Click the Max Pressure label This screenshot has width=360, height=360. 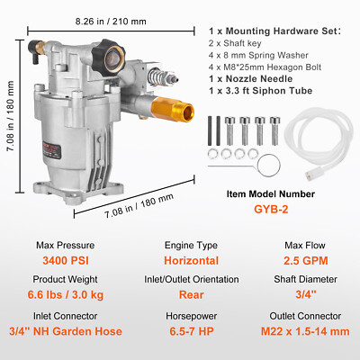(x=60, y=244)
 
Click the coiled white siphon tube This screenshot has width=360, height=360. (x=311, y=143)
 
